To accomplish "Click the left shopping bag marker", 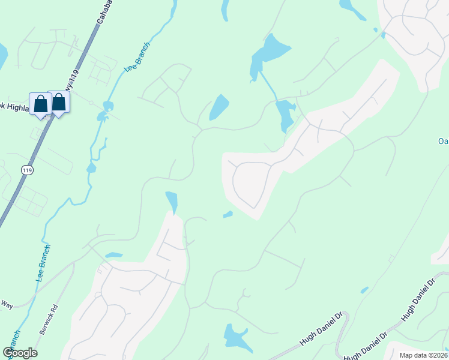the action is point(40,103).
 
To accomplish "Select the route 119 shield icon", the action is point(27,170).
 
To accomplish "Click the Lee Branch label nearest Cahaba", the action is point(136,58).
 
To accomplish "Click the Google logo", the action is point(20,352).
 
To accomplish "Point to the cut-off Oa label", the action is point(443,142).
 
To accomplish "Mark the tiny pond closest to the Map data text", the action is point(364,290).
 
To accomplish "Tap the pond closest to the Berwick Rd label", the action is point(114,255).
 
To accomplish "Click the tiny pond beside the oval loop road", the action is point(228,214).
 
